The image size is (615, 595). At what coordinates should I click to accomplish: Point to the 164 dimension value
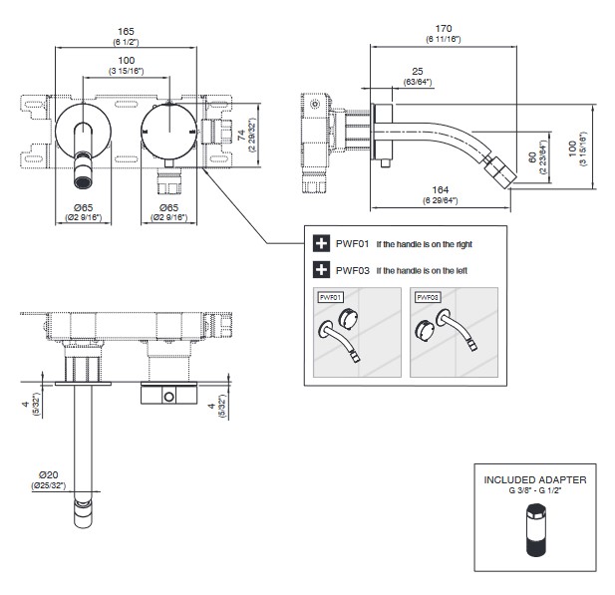(434, 193)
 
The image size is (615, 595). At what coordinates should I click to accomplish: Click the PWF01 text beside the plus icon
(353, 242)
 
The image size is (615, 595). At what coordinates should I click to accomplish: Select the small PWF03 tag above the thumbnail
(426, 297)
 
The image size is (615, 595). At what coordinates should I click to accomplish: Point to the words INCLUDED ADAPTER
(535, 479)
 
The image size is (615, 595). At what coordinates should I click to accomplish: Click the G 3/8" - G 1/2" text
(535, 491)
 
